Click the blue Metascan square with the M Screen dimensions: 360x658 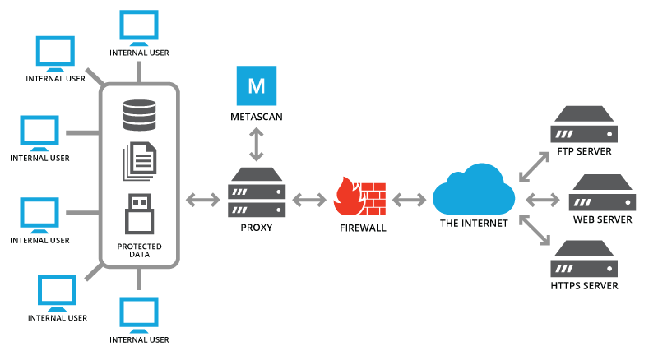[x=257, y=85]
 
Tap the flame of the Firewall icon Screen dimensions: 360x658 [x=348, y=197]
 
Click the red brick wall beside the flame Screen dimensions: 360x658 [x=374, y=197]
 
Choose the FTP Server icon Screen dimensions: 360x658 [x=584, y=124]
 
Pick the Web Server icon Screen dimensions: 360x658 [x=602, y=192]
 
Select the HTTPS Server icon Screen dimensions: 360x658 [x=584, y=258]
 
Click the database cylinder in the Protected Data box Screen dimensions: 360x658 [x=139, y=115]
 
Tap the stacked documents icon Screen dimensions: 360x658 [x=139, y=161]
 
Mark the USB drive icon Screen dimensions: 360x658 [x=139, y=215]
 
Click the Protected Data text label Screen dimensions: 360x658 [x=139, y=250]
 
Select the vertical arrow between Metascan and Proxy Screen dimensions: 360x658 [x=257, y=145]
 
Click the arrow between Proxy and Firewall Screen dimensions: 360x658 [x=309, y=199]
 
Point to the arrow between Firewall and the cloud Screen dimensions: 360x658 [x=409, y=199]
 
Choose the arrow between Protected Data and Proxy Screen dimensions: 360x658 [x=202, y=199]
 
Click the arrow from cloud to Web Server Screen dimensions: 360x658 [x=543, y=199]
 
